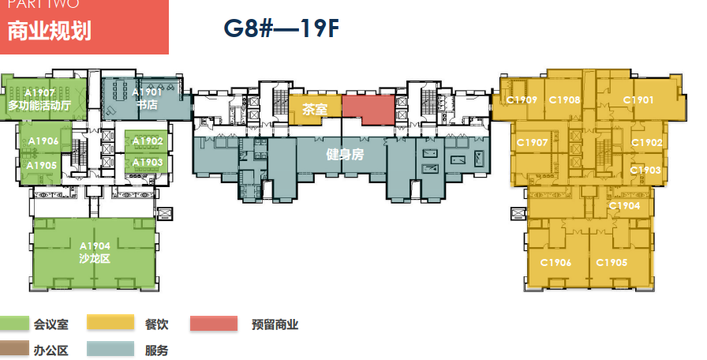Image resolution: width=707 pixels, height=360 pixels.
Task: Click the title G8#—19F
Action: (x=282, y=28)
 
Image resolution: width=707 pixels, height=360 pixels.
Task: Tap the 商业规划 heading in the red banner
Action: (x=50, y=32)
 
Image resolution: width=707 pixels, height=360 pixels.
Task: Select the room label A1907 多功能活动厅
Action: (x=39, y=99)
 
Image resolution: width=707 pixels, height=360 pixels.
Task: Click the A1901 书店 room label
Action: (x=148, y=98)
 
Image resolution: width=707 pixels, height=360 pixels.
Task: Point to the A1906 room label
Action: (x=43, y=141)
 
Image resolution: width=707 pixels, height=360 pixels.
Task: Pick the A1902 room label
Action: (x=148, y=141)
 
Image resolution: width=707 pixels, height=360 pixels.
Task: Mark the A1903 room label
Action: (x=148, y=163)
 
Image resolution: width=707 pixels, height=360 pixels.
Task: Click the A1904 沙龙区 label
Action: (x=94, y=252)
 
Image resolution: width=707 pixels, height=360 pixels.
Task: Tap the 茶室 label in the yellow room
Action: (x=314, y=110)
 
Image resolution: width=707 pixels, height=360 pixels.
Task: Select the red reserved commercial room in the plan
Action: (x=368, y=109)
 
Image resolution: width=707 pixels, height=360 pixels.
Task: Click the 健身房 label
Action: (x=346, y=155)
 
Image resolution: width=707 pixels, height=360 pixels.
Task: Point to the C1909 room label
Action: (x=522, y=100)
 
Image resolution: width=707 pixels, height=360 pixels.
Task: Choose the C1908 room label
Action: (x=564, y=100)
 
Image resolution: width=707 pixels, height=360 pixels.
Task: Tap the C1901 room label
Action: (x=638, y=100)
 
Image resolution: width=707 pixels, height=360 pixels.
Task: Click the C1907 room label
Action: (x=532, y=143)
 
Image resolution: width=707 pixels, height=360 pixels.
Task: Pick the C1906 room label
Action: (x=555, y=263)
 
